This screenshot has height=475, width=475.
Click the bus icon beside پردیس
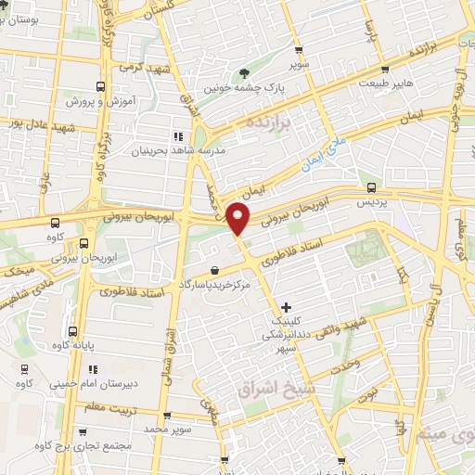[371, 186]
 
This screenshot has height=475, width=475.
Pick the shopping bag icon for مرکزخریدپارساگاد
[214, 270]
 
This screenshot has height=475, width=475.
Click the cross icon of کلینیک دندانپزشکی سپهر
[285, 307]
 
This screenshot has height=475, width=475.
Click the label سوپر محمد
[167, 430]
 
